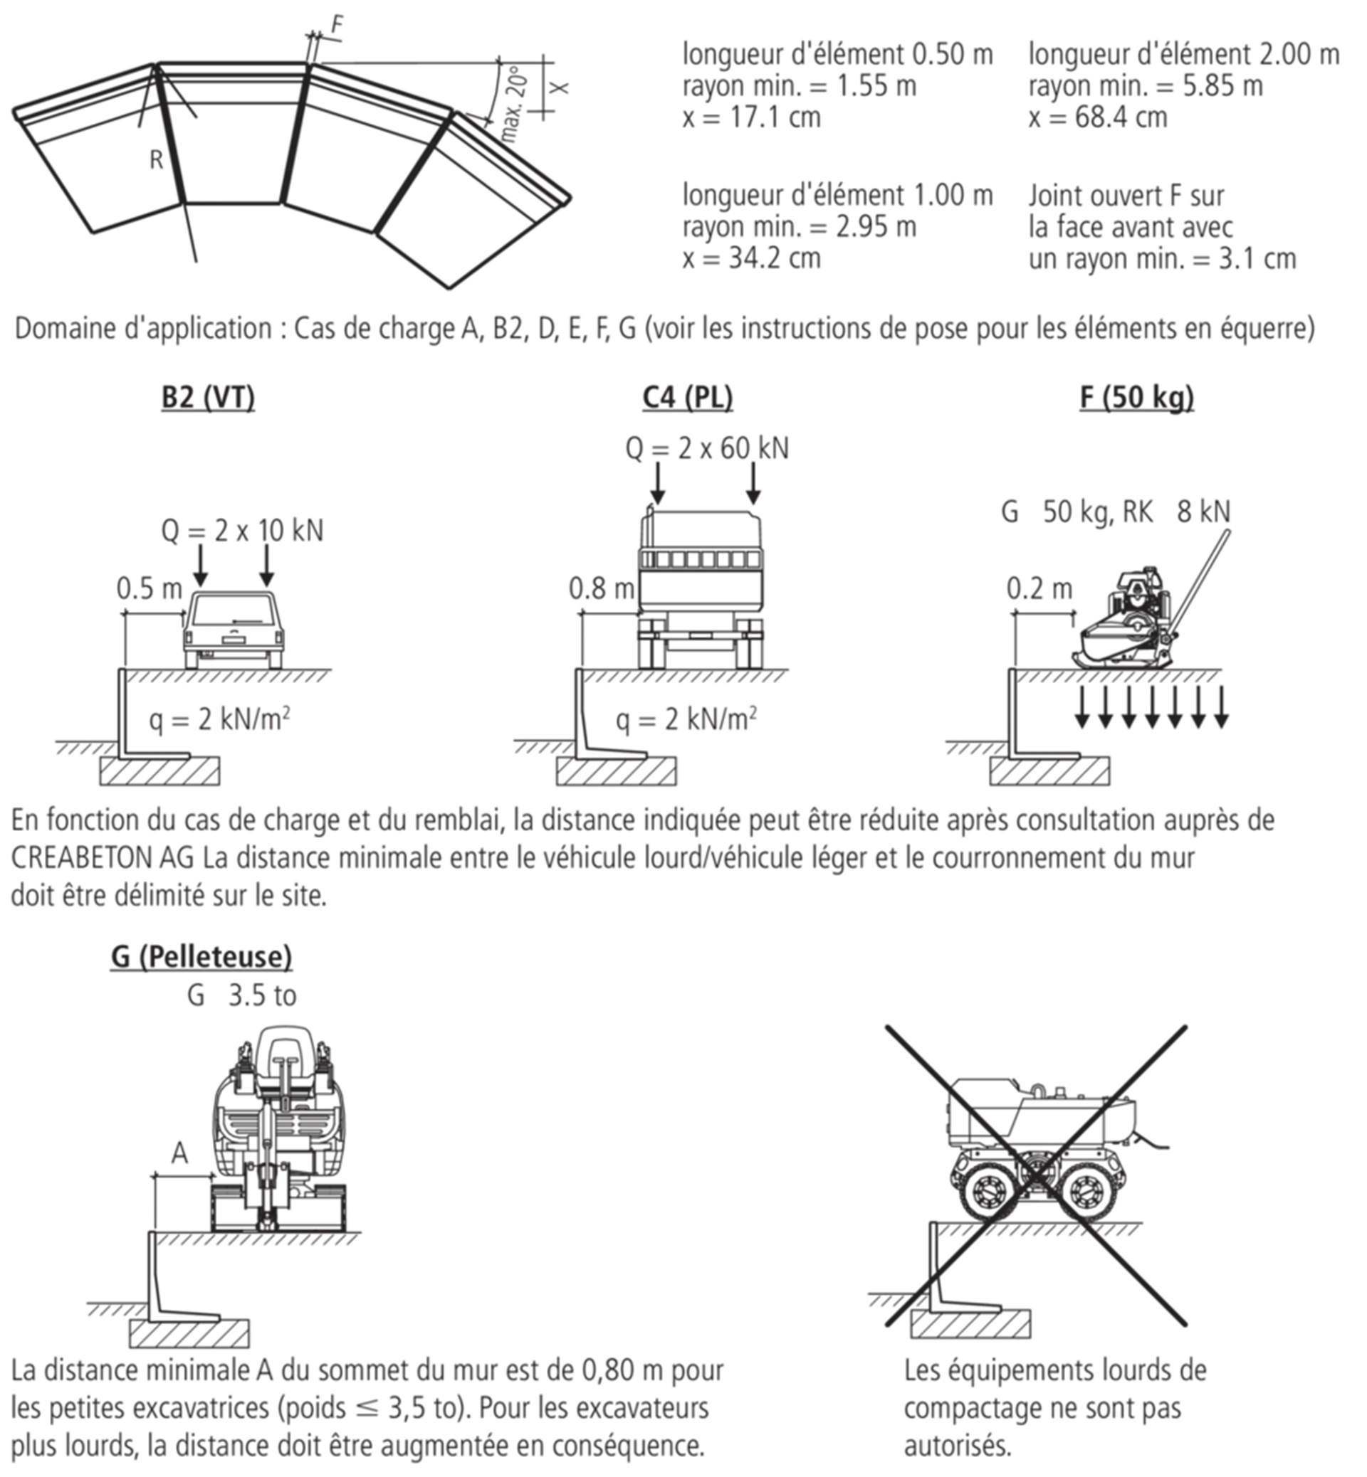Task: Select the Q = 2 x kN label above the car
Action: pyautogui.click(x=241, y=533)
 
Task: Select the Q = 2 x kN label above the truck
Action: pyautogui.click(x=706, y=449)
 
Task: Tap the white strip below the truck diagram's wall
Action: pyautogui.click(x=614, y=756)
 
